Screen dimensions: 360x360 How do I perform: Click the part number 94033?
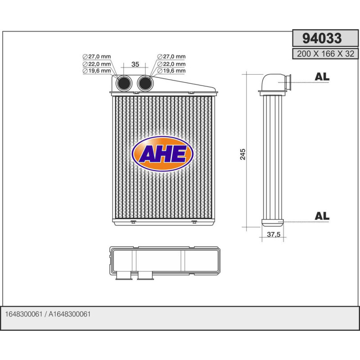pos(321,39)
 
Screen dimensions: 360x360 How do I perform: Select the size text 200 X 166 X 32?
pos(325,54)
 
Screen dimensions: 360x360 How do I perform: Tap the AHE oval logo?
pos(162,154)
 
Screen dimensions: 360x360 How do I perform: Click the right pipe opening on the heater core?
pos(145,83)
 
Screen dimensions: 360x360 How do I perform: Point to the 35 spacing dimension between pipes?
pos(135,64)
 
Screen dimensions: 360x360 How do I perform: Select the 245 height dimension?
pos(243,154)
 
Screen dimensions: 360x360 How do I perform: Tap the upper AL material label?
pos(322,77)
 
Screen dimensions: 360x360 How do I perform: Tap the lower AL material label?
pos(322,216)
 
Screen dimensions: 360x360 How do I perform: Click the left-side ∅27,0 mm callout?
pos(97,57)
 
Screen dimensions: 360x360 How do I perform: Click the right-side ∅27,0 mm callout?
pos(171,57)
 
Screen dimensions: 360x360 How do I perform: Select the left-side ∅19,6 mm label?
pos(97,71)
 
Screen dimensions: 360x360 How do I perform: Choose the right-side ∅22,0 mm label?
pos(171,64)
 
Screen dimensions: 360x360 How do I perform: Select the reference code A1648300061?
pos(70,314)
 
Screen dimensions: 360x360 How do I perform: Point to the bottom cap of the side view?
pos(273,221)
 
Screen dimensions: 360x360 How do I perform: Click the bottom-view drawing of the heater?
pos(164,262)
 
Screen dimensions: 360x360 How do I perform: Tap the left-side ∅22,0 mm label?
pos(97,64)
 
